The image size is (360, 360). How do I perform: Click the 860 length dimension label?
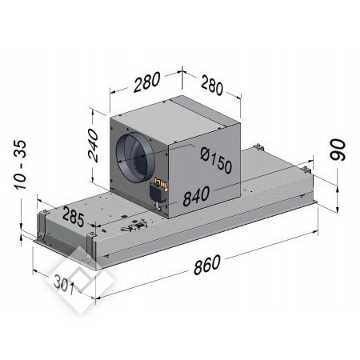(x=207, y=264)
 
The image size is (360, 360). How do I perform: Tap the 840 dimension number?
(x=196, y=196)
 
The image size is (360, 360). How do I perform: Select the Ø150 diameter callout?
(x=216, y=161)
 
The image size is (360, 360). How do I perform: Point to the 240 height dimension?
(x=94, y=146)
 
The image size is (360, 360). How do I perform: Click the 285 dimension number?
(x=73, y=217)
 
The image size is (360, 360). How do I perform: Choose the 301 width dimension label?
(x=64, y=284)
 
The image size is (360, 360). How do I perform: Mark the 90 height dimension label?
(x=338, y=150)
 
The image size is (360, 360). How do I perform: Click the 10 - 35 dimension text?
(x=20, y=165)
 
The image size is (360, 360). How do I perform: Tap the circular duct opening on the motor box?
(x=135, y=158)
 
